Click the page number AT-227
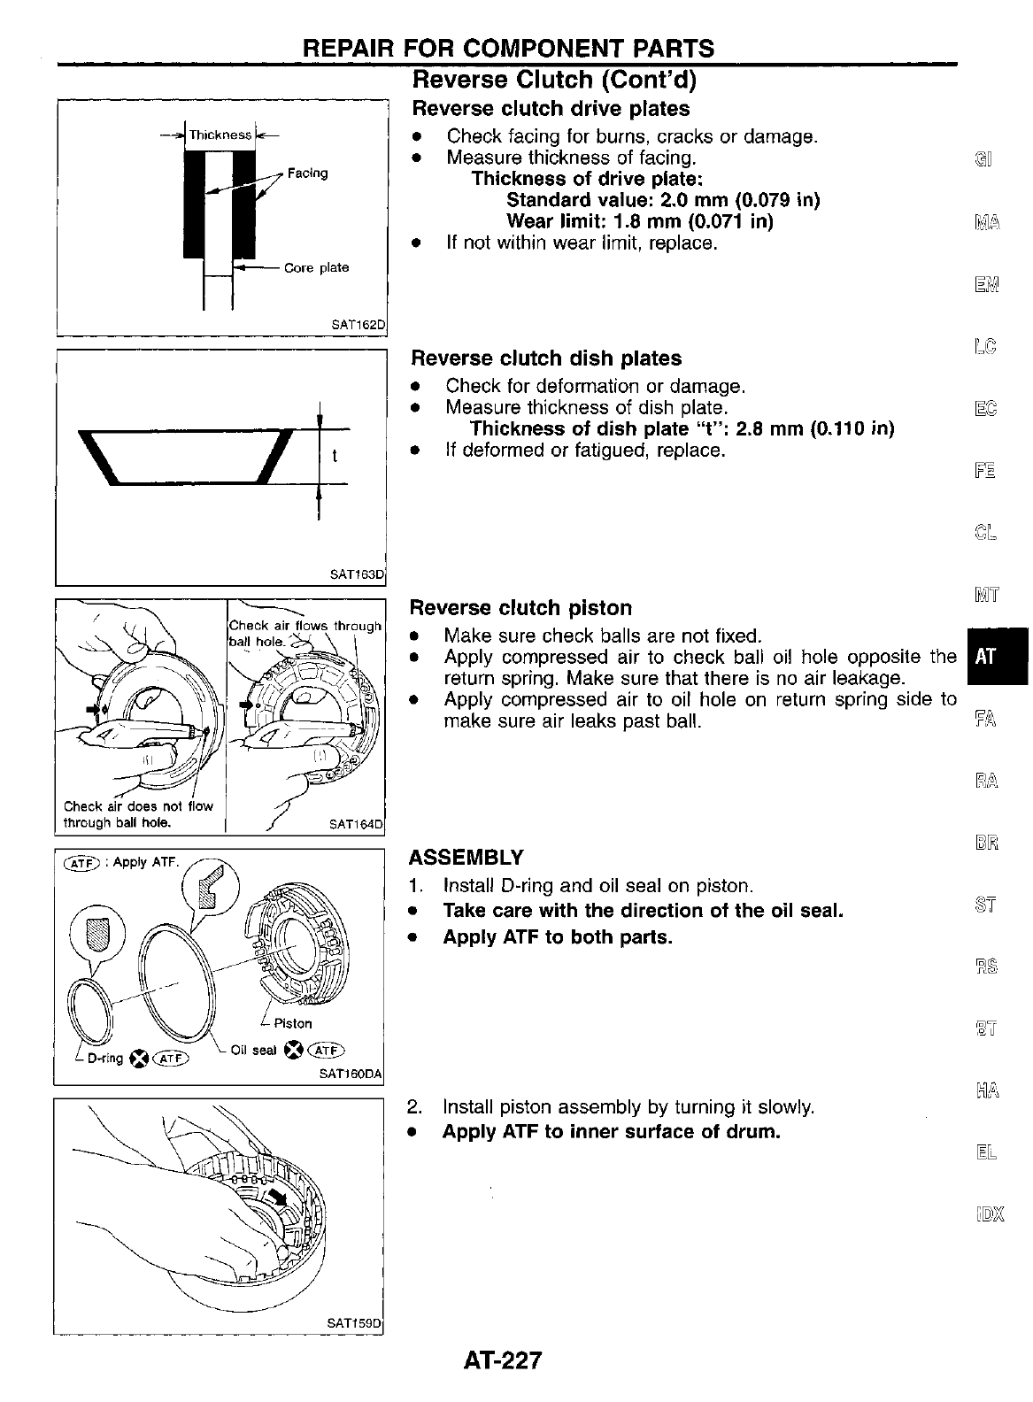tap(501, 1360)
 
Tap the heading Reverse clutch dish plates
tap(546, 358)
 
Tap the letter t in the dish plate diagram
tap(334, 457)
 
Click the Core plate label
tap(316, 267)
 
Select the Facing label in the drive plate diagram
tap(307, 173)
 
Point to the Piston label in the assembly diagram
tap(293, 1023)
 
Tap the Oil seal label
tap(253, 1051)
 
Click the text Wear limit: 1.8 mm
tap(640, 221)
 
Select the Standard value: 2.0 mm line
tap(663, 200)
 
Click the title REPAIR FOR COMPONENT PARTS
tap(508, 48)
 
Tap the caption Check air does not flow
tap(139, 806)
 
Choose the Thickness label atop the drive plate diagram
tap(220, 135)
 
